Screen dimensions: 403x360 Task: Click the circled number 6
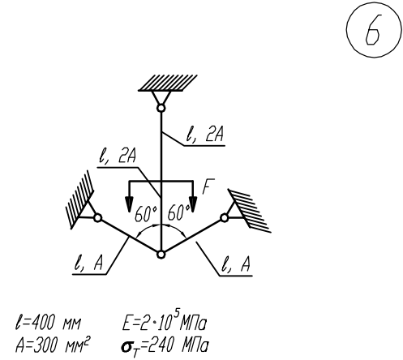coord(374,29)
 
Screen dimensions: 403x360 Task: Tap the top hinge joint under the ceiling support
coord(161,108)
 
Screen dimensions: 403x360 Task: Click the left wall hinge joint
coord(97,217)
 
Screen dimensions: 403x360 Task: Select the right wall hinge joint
coord(225,217)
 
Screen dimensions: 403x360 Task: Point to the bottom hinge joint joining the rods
coord(161,255)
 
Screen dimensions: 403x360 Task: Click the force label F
coord(208,186)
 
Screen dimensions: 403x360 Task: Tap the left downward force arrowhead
coord(130,204)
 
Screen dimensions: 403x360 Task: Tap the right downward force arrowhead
coord(193,204)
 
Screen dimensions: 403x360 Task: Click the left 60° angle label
coord(146,214)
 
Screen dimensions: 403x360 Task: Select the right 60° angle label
coord(178,212)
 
